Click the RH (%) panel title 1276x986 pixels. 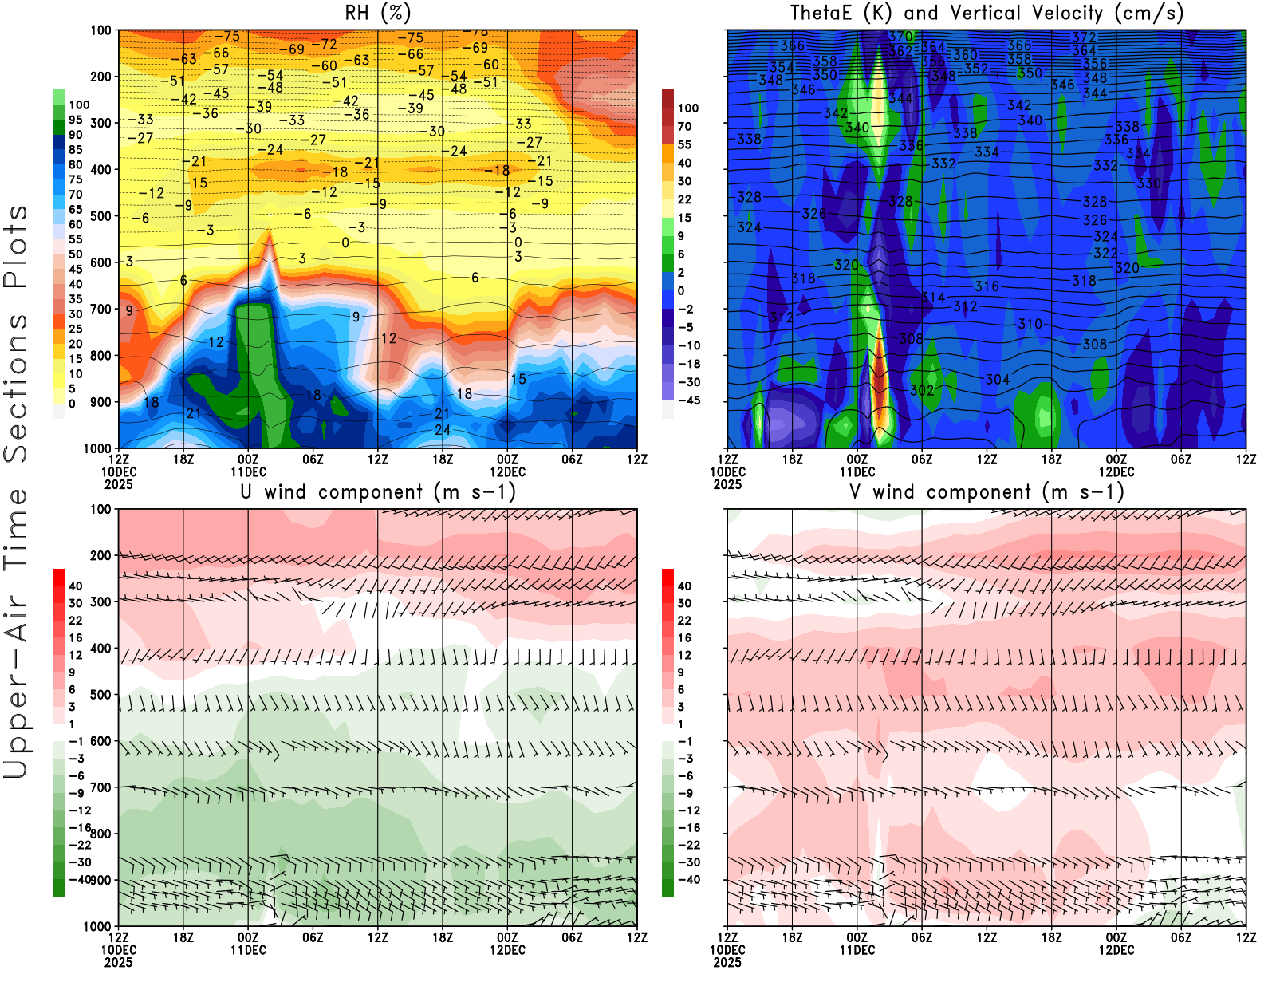pyautogui.click(x=378, y=14)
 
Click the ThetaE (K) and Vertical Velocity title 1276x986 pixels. pyautogui.click(x=987, y=14)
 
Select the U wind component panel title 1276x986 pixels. pyautogui.click(x=378, y=492)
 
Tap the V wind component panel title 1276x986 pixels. pyautogui.click(x=987, y=492)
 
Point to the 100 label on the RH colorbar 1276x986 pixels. pyautogui.click(x=79, y=105)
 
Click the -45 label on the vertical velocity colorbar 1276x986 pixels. pyautogui.click(x=688, y=400)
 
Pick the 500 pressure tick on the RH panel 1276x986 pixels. pyautogui.click(x=100, y=215)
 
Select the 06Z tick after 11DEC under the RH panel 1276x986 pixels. pyautogui.click(x=313, y=459)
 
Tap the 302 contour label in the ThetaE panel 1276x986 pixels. pyautogui.click(x=922, y=390)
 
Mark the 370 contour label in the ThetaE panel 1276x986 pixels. pyautogui.click(x=900, y=37)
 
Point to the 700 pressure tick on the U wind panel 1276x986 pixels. pyautogui.click(x=100, y=787)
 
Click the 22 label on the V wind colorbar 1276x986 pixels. pyautogui.click(x=684, y=621)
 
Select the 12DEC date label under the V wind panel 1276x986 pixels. pyautogui.click(x=1116, y=950)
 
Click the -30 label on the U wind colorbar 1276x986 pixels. pyautogui.click(x=79, y=862)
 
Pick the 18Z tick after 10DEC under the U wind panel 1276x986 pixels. pyautogui.click(x=183, y=937)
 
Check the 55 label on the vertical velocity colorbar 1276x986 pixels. pyautogui.click(x=684, y=144)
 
